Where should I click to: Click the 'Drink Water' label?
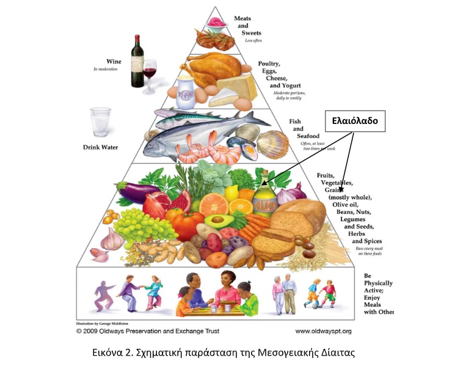pyautogui.click(x=100, y=147)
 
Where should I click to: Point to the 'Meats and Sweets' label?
pyautogui.click(x=242, y=26)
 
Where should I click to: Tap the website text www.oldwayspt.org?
pyautogui.click(x=323, y=331)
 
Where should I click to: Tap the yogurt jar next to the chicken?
pyautogui.click(x=184, y=92)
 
